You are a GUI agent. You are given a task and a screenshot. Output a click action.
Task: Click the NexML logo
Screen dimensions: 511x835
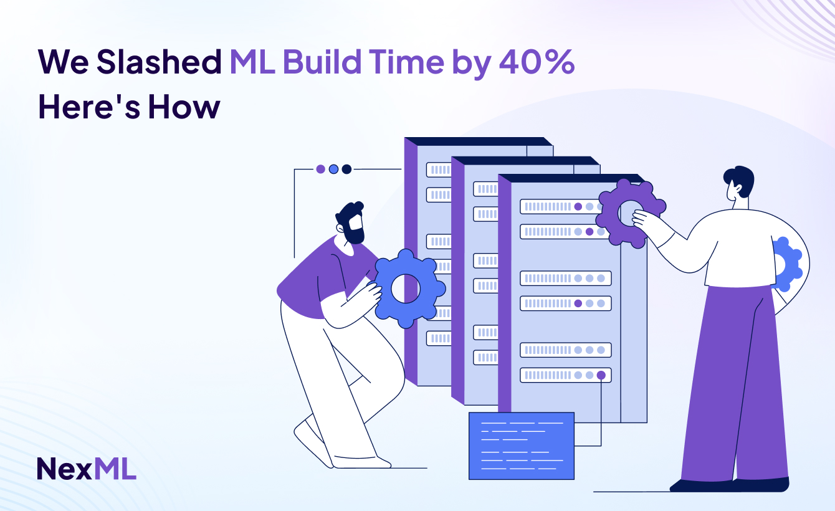point(86,469)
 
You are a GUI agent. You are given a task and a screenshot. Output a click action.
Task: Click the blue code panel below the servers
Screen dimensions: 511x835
point(521,446)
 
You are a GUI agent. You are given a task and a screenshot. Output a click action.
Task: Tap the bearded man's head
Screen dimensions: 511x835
point(351,223)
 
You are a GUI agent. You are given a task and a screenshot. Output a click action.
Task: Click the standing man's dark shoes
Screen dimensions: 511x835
point(729,484)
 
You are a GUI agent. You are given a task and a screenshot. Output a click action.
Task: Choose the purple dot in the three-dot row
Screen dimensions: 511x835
point(320,169)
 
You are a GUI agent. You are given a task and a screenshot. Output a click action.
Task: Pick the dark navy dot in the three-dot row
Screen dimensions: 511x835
point(346,169)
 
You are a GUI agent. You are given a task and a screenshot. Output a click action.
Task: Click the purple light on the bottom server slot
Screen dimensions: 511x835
point(601,375)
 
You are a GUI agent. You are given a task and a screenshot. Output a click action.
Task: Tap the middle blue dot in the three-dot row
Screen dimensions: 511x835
point(333,169)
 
